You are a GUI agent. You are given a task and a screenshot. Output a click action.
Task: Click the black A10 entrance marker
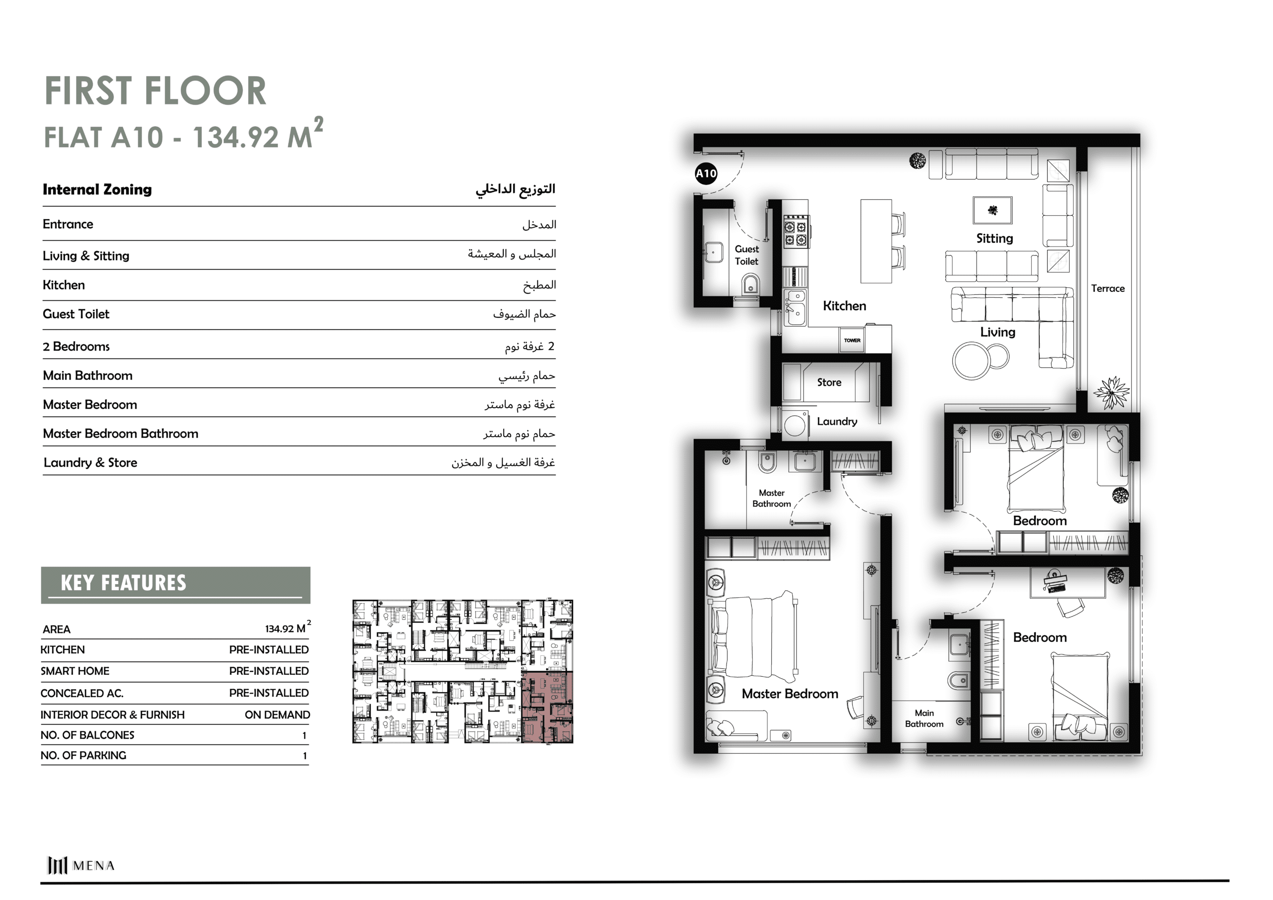[706, 174]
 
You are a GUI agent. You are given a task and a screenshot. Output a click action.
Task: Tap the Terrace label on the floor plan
[1107, 288]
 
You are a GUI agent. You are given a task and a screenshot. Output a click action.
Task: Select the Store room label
[829, 382]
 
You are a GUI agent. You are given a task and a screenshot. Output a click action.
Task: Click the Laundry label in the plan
[837, 422]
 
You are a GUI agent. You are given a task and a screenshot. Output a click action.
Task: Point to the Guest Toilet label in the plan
[746, 255]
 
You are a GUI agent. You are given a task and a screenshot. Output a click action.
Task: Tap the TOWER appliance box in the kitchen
[852, 340]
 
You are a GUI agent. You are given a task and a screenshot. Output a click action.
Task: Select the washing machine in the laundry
[794, 424]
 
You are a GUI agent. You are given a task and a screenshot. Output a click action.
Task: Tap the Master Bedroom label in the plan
[790, 694]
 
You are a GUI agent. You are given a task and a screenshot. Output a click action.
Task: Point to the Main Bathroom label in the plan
[924, 718]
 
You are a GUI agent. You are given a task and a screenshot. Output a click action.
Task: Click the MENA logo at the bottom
[81, 865]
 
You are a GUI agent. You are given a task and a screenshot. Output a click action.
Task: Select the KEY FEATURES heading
[123, 583]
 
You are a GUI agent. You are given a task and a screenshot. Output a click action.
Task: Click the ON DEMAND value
[277, 715]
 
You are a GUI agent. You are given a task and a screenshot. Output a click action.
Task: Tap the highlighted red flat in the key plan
[547, 707]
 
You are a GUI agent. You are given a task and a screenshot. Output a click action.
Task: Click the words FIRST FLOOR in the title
[155, 90]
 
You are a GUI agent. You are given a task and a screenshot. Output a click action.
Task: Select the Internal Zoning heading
[97, 189]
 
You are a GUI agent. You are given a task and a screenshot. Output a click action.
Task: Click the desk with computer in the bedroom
[1067, 582]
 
